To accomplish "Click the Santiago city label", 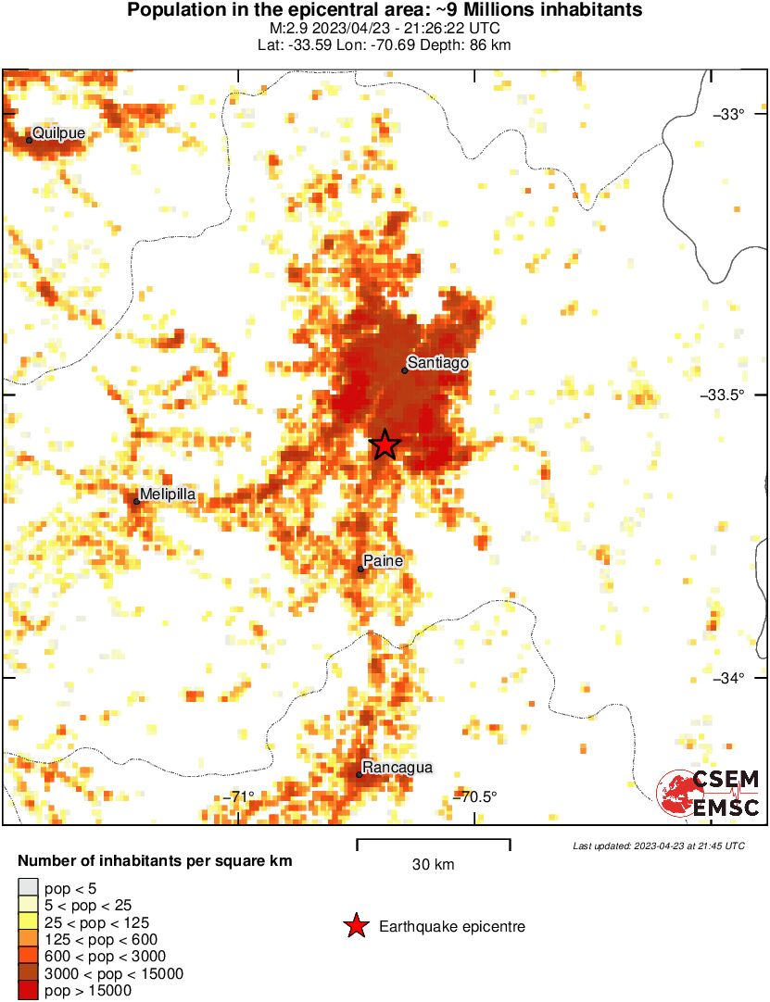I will tap(438, 363).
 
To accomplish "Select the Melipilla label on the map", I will tap(168, 495).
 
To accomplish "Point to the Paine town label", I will tap(383, 561).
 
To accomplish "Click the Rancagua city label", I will tap(398, 768).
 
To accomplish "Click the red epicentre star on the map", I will tap(385, 445).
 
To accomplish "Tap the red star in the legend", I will tap(355, 926).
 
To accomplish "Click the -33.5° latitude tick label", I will tap(724, 395).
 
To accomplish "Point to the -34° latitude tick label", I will tap(728, 679).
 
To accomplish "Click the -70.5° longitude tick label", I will tap(473, 796).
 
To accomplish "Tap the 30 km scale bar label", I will tap(433, 865).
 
